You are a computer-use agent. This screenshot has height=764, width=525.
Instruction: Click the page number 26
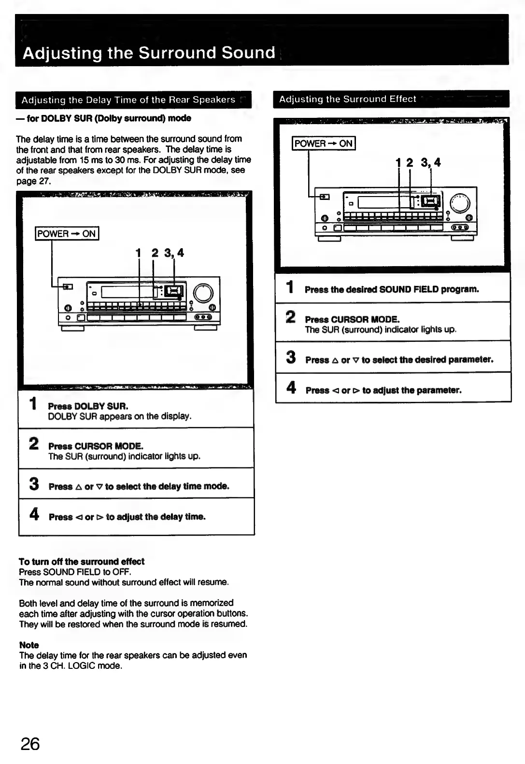30,744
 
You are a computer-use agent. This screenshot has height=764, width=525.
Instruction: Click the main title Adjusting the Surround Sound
149,52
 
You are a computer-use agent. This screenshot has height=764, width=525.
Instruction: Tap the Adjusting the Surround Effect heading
347,99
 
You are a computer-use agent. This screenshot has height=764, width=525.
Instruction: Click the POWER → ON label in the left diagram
67,234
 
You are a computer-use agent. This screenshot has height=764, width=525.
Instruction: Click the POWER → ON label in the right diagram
323,143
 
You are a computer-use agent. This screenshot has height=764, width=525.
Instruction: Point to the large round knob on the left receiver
203,293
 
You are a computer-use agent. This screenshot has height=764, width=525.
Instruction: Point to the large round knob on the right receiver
460,203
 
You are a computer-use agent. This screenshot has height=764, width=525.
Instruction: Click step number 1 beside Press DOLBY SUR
33,403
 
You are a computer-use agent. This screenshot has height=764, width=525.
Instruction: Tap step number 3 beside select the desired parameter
291,357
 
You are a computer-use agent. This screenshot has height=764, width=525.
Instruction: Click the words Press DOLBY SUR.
88,406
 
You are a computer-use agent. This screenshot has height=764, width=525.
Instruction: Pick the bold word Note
29,645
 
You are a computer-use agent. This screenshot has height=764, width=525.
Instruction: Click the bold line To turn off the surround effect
81,561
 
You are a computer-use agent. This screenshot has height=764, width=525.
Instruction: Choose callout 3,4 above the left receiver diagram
174,253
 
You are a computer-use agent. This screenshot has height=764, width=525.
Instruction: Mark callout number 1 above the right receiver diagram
398,163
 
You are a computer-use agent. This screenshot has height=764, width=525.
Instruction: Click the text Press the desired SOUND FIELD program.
392,290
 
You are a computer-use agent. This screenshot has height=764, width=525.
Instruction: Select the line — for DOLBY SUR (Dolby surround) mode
104,118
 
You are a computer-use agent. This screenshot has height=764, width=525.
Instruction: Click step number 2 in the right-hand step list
291,317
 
